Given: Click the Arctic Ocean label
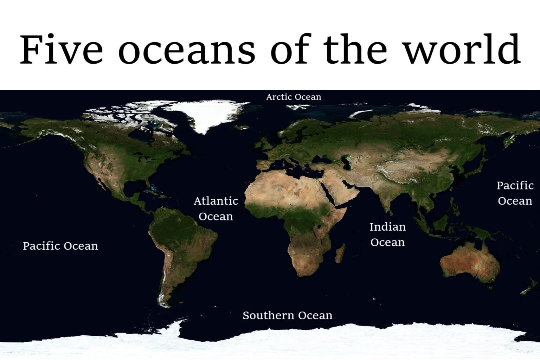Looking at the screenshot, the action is pos(294,97).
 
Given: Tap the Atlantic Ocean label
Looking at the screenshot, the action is pos(216,208).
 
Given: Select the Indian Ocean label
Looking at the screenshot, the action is pos(387,234).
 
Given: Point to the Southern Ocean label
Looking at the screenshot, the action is pos(287,315).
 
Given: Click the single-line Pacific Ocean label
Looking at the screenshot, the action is pos(60,246).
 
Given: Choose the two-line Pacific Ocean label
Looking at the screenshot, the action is pos(515,193).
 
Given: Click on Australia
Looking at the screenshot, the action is pos(469,262).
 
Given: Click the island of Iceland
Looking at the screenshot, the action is pos(242,127).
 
